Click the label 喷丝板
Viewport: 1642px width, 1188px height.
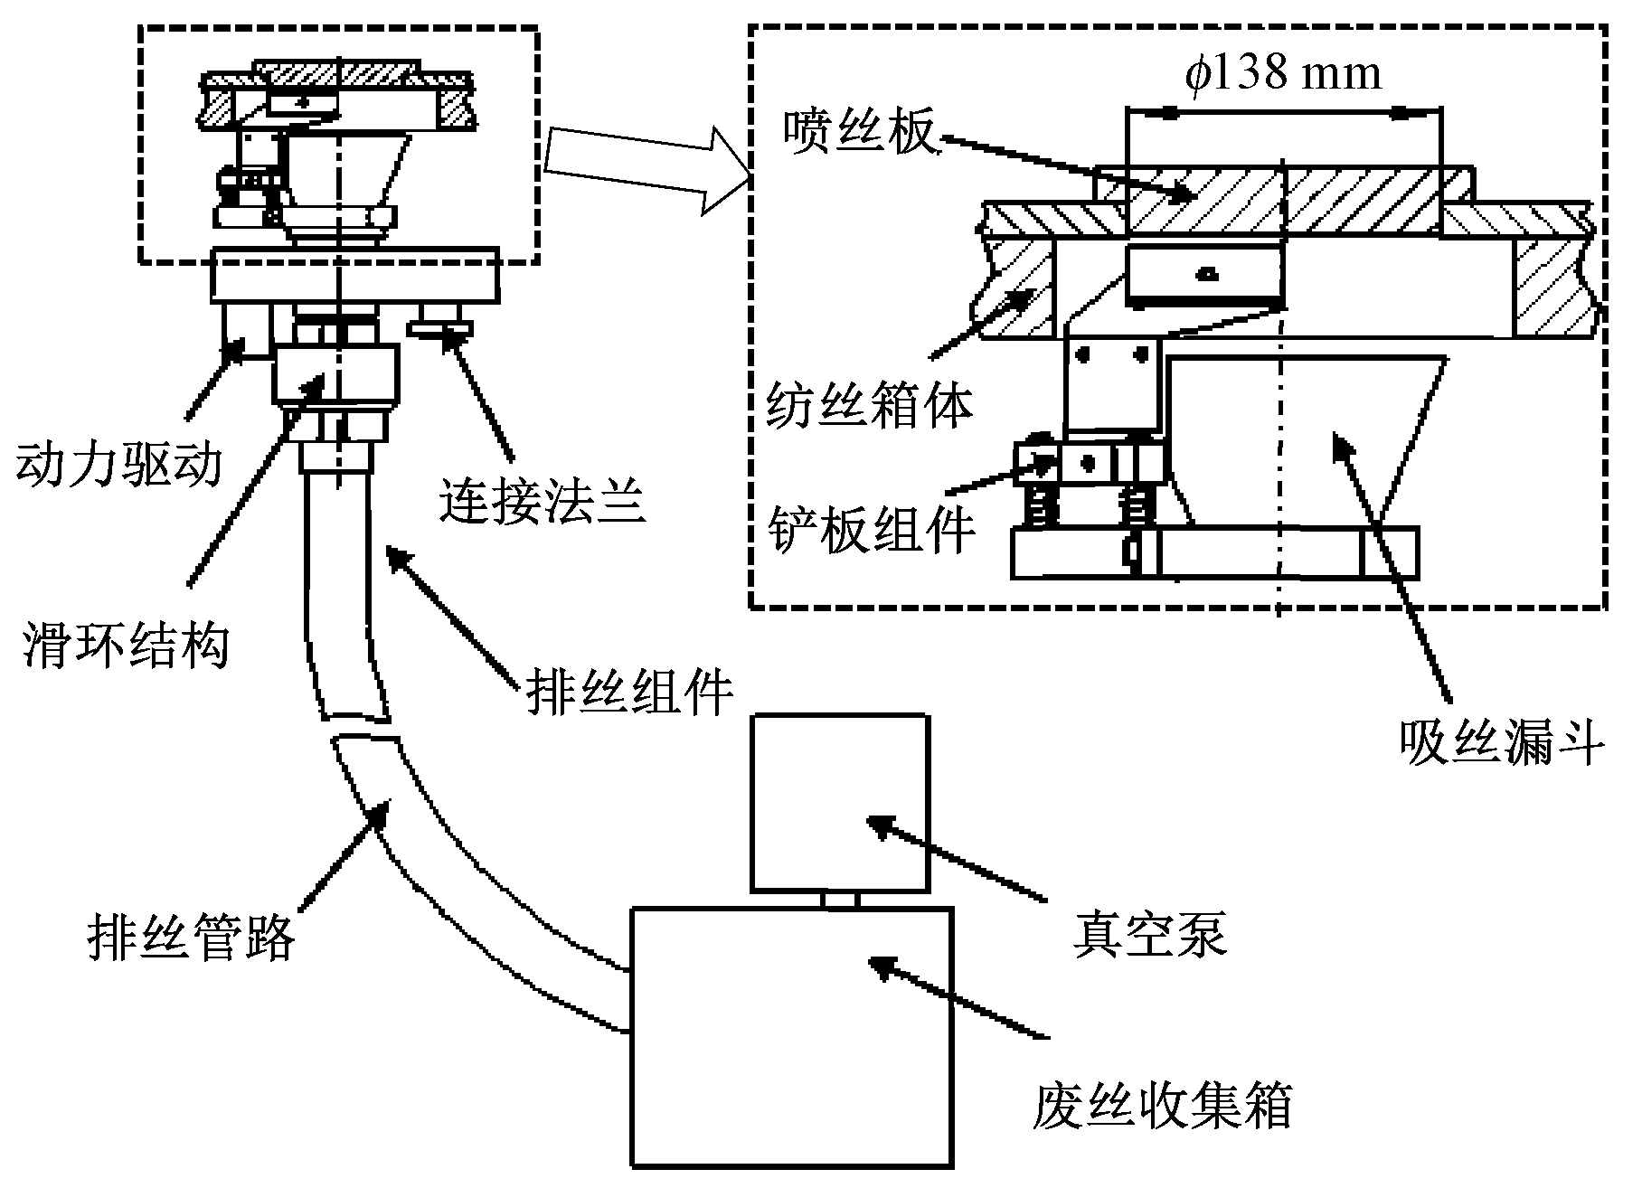[859, 134]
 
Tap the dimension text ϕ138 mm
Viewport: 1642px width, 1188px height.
[1283, 71]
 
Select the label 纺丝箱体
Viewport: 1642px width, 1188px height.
[869, 406]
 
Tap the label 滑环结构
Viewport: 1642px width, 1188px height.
[125, 644]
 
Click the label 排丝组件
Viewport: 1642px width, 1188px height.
[628, 693]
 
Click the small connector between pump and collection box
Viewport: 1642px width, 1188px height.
[840, 900]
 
